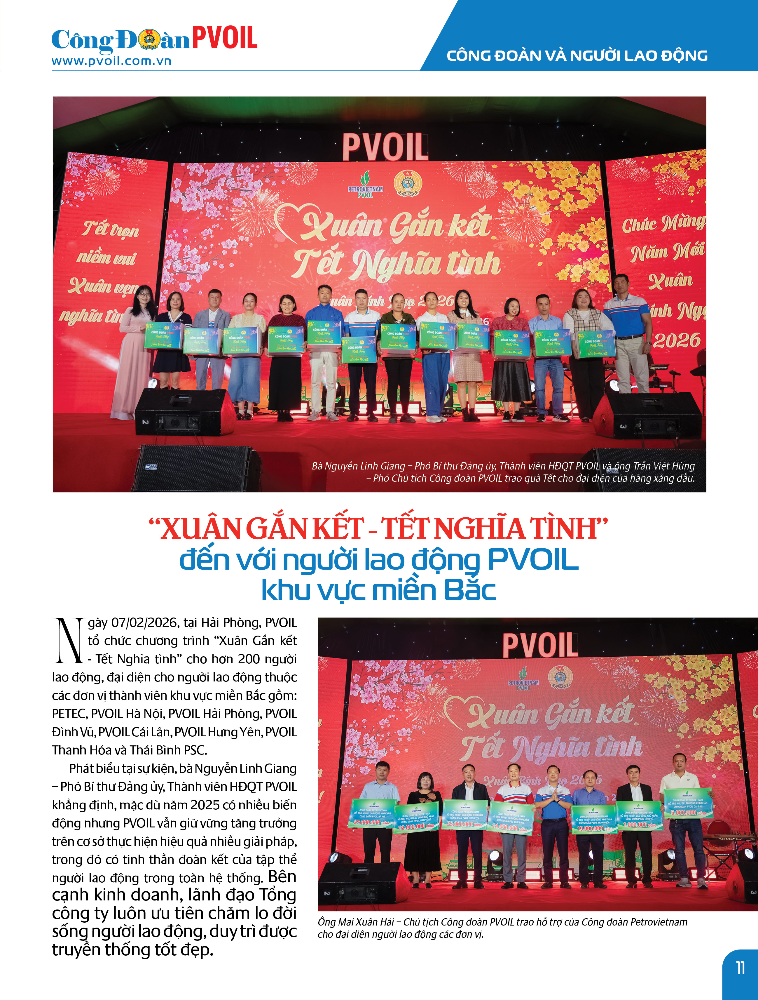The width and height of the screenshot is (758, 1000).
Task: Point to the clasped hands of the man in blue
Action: (x=553, y=805)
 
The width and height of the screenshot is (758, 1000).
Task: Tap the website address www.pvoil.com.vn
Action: (x=111, y=61)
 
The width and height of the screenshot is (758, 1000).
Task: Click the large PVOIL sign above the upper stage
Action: (x=385, y=147)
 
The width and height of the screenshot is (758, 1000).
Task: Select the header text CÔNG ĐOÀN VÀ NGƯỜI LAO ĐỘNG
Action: (x=577, y=55)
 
